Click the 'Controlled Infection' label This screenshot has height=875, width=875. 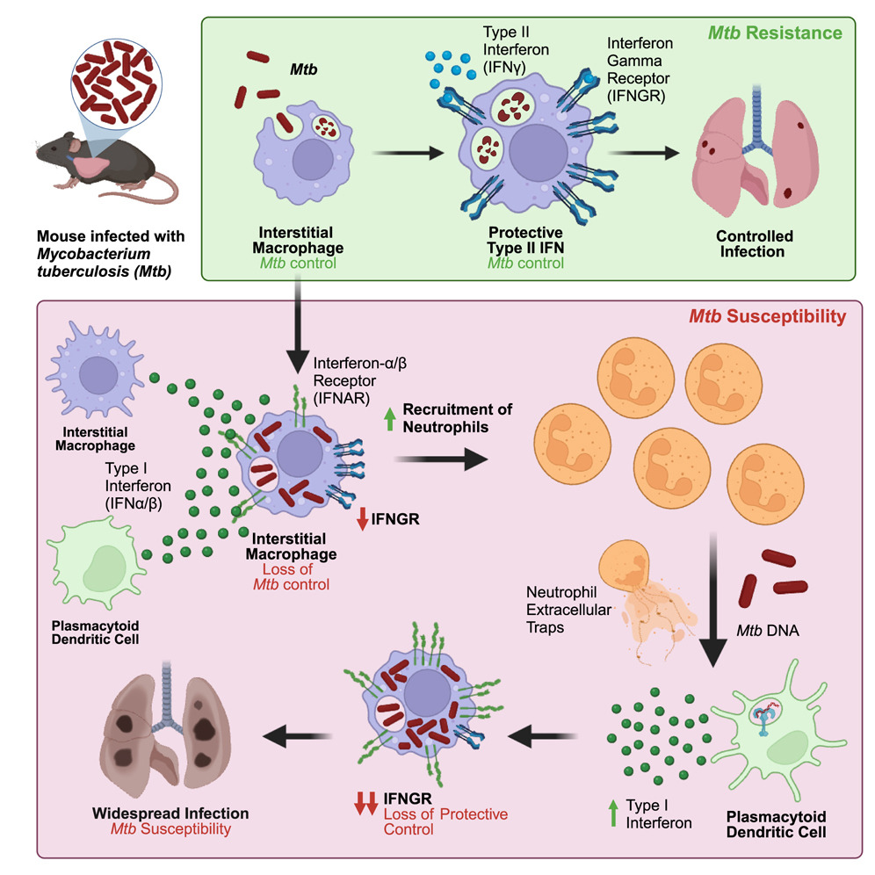[756, 244]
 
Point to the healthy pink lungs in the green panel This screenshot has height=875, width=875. [755, 163]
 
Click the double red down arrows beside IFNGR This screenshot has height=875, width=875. [365, 802]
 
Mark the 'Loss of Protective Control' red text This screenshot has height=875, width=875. [445, 821]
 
